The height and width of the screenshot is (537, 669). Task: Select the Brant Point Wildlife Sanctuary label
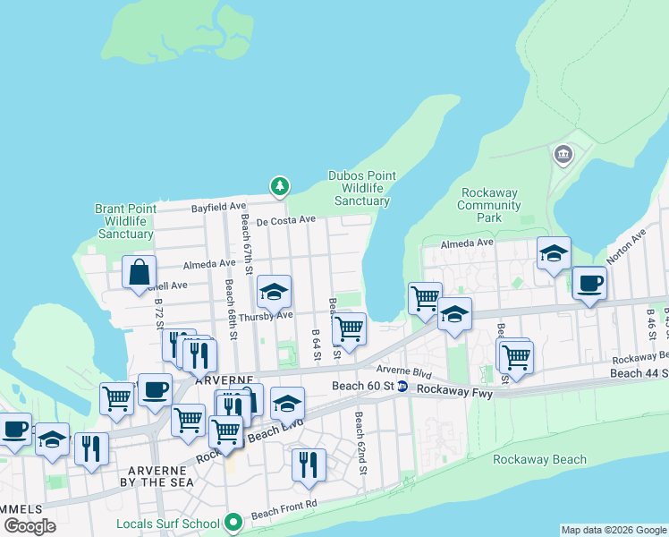pyautogui.click(x=125, y=221)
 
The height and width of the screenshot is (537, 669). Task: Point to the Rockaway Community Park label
pyautogui.click(x=489, y=205)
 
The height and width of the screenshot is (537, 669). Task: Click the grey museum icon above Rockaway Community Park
pyautogui.click(x=563, y=155)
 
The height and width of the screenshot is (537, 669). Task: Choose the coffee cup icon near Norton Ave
pyautogui.click(x=589, y=285)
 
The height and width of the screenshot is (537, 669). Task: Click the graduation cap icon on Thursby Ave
pyautogui.click(x=274, y=292)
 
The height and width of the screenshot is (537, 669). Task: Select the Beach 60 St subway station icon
pyautogui.click(x=402, y=387)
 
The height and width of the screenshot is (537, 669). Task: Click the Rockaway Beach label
pyautogui.click(x=539, y=460)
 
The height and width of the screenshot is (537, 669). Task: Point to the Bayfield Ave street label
pyautogui.click(x=218, y=207)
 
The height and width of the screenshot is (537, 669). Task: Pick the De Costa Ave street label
pyautogui.click(x=286, y=219)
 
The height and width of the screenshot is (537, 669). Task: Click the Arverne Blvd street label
pyautogui.click(x=403, y=371)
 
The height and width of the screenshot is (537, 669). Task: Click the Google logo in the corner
pyautogui.click(x=30, y=526)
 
